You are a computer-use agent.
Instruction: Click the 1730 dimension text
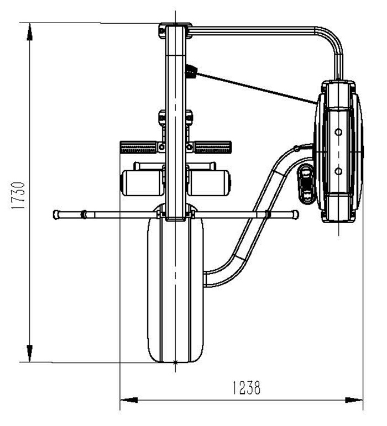(x=19, y=196)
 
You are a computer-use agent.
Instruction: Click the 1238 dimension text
(x=247, y=388)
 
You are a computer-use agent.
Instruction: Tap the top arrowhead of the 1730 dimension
(x=29, y=32)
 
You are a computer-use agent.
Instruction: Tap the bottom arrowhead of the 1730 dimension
(x=29, y=353)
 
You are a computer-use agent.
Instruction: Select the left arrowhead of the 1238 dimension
(x=129, y=400)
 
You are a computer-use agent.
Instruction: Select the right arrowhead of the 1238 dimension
(x=354, y=400)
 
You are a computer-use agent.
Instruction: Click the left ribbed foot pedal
(x=138, y=148)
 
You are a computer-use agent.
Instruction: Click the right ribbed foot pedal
(x=213, y=148)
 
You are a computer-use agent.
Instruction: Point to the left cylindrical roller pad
(x=142, y=182)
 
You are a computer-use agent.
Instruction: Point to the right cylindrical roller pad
(x=209, y=182)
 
